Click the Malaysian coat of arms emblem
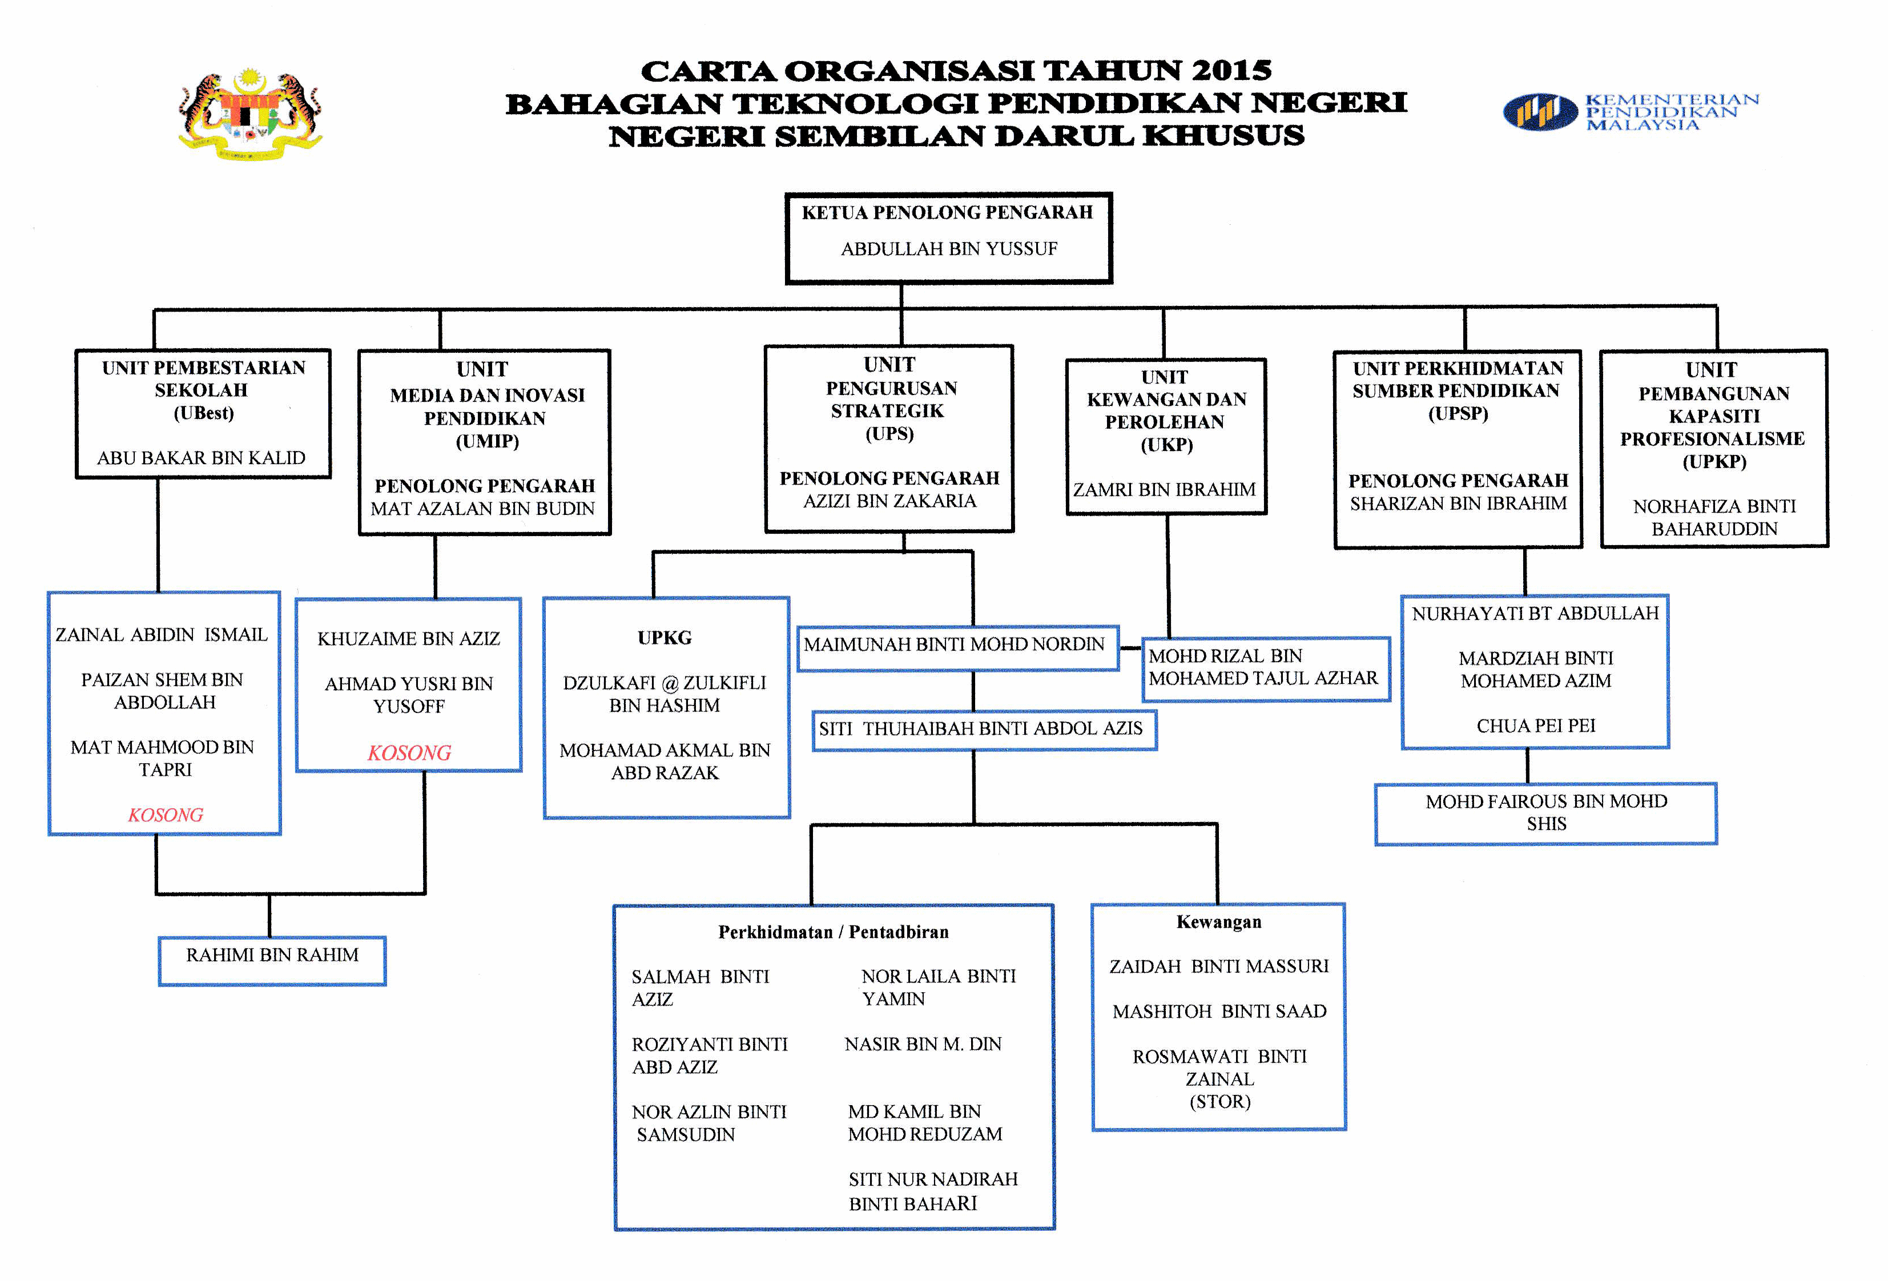(x=250, y=114)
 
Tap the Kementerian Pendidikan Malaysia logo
(x=1629, y=111)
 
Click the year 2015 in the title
(x=1231, y=71)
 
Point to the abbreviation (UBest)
(x=203, y=413)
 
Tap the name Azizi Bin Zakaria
(x=889, y=501)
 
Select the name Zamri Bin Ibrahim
(x=1164, y=490)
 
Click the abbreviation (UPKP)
(x=1713, y=461)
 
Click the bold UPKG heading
(x=665, y=638)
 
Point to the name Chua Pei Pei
(x=1535, y=726)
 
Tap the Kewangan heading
(x=1218, y=922)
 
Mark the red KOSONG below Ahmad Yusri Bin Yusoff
(x=409, y=753)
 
